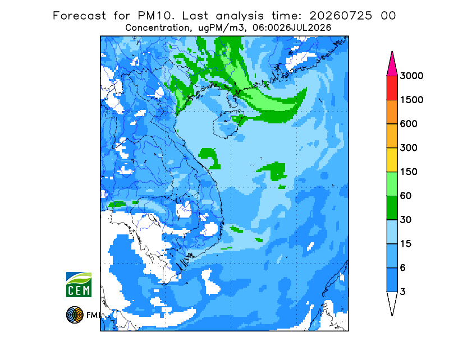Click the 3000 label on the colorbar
click(x=411, y=76)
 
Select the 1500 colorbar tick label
click(x=411, y=100)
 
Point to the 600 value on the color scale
click(x=409, y=124)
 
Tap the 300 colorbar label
click(x=409, y=148)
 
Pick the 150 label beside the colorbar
click(x=409, y=172)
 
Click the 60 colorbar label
click(x=406, y=196)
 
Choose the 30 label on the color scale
click(x=406, y=220)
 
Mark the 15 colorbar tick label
click(x=406, y=244)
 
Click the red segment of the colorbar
click(x=392, y=88)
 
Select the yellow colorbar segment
click(x=392, y=160)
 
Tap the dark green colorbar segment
click(x=392, y=208)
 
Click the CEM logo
click(x=79, y=284)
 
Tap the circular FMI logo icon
click(x=75, y=315)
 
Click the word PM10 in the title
click(x=155, y=16)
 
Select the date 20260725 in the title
click(x=341, y=16)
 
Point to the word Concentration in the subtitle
click(x=157, y=28)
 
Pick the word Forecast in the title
click(x=79, y=16)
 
